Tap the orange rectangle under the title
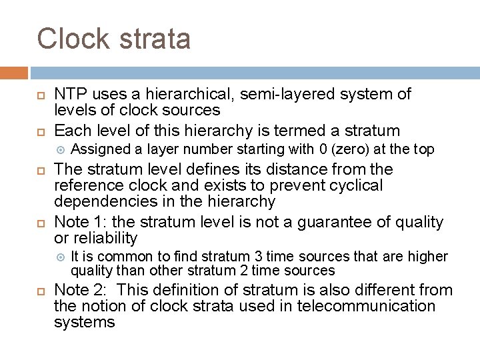tap(14, 73)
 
